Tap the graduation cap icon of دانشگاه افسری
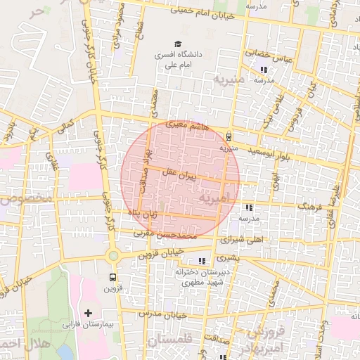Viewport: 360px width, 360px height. click(x=176, y=44)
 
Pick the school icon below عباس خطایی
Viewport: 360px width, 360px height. click(x=264, y=70)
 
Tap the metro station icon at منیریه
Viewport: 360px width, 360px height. click(x=229, y=137)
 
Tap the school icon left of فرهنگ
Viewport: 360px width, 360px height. click(x=249, y=207)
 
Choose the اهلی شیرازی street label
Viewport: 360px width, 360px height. click(x=242, y=239)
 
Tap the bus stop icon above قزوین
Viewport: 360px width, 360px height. click(x=112, y=276)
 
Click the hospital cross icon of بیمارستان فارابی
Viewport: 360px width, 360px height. click(x=88, y=313)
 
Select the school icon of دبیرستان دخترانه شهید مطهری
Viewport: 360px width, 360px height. click(x=202, y=261)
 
